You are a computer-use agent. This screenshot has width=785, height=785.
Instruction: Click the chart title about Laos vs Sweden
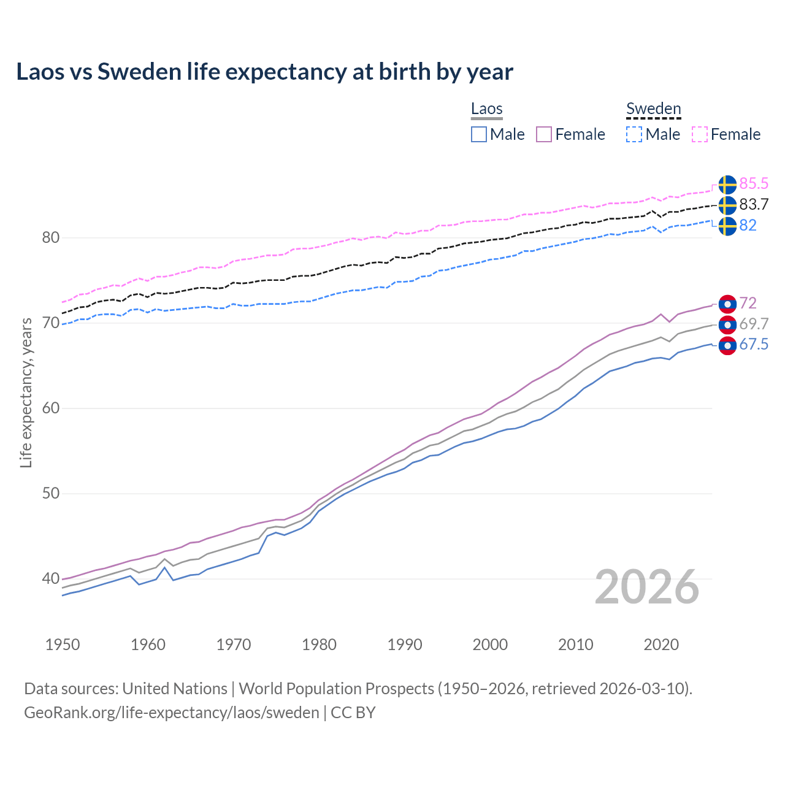coord(264,72)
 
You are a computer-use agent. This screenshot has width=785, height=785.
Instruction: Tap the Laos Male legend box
coord(479,134)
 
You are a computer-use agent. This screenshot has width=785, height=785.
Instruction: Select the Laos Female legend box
coord(544,134)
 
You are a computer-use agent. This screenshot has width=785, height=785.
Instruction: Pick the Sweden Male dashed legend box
coord(634,134)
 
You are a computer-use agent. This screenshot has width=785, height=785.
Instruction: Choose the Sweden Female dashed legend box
coord(700,134)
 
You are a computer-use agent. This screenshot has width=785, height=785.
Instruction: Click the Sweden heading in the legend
coord(653,109)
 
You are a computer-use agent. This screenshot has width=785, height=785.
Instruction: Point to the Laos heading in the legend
coord(487,109)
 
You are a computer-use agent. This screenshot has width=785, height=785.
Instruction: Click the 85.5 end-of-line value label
coord(754,183)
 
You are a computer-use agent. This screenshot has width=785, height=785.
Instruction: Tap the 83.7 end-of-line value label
coord(754,204)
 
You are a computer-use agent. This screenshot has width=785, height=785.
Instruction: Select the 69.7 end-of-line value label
coord(754,324)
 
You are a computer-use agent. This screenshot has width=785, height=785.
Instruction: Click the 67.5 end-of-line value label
coord(754,345)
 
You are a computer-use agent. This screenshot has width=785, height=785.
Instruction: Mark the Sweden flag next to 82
coord(727,226)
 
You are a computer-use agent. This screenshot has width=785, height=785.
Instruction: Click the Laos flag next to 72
coord(727,304)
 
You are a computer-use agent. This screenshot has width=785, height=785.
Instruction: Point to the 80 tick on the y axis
coord(50,237)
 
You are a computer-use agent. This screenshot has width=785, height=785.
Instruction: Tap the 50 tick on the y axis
coord(50,493)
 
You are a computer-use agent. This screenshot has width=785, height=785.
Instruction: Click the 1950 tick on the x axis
coord(63,645)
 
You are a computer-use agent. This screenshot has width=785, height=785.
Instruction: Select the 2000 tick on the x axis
coord(490,645)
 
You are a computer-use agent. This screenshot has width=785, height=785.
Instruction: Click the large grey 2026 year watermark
coord(647,587)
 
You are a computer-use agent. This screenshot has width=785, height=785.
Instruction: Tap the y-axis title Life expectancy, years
coord(26,392)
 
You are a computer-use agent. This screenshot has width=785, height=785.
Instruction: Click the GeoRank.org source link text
coord(172,712)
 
